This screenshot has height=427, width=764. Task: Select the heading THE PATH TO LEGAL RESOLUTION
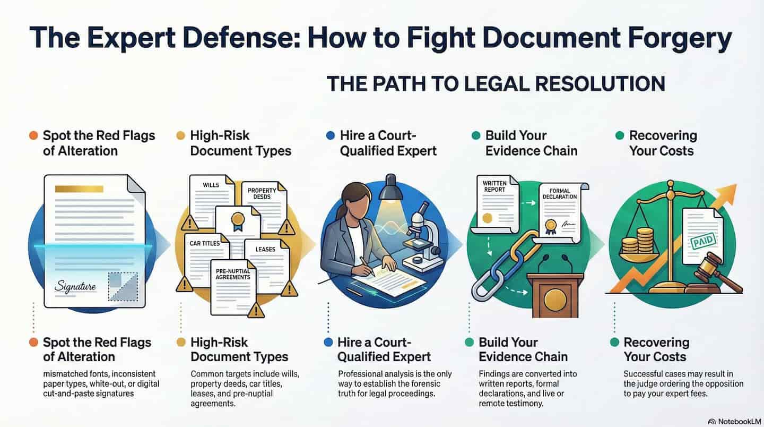pyautogui.click(x=495, y=84)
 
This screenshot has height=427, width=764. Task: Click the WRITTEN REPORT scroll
pyautogui.click(x=496, y=205)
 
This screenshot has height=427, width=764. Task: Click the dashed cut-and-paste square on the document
pyautogui.click(x=122, y=286)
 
